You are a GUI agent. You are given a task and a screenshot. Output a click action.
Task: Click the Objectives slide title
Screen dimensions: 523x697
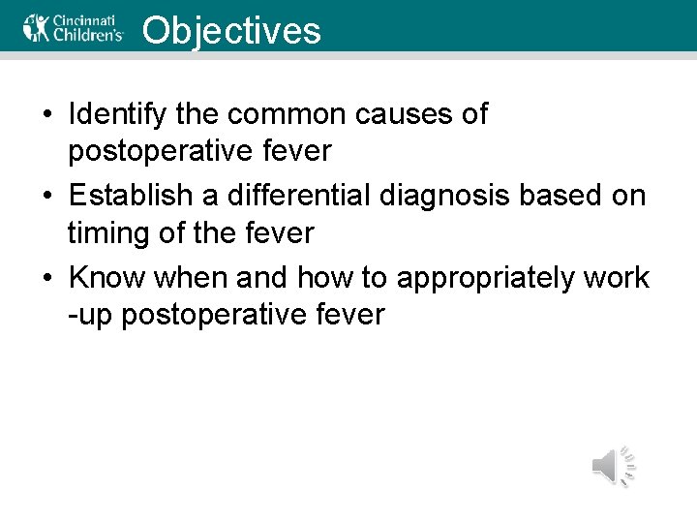pos(230,30)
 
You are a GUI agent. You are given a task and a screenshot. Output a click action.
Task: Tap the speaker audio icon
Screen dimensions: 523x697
pos(613,467)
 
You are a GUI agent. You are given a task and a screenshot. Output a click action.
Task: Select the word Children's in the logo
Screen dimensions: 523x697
pos(89,34)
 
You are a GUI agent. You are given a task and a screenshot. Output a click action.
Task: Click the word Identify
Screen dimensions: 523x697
pos(118,114)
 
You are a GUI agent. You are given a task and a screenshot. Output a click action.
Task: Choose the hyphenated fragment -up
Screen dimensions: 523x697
pos(87,316)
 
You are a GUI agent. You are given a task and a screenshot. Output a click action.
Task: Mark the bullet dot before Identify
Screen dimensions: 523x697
pos(47,115)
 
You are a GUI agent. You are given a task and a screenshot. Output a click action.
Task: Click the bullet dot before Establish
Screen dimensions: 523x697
pos(47,197)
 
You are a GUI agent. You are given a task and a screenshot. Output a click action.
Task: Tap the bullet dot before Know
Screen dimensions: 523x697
pos(47,278)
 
